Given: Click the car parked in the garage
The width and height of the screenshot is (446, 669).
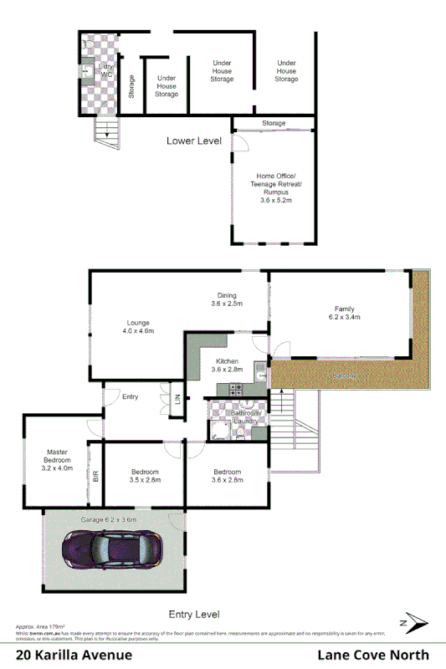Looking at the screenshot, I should tap(111, 551).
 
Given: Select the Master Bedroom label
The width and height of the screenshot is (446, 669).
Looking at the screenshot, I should tap(57, 460).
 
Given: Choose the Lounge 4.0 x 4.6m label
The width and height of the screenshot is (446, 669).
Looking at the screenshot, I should tap(138, 327).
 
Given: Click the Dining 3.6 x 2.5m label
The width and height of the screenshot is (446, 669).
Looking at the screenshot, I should tap(227, 299).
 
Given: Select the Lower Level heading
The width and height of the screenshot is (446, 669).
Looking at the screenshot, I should tap(193, 140).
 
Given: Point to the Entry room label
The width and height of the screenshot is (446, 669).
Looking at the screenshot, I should tap(130, 396).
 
